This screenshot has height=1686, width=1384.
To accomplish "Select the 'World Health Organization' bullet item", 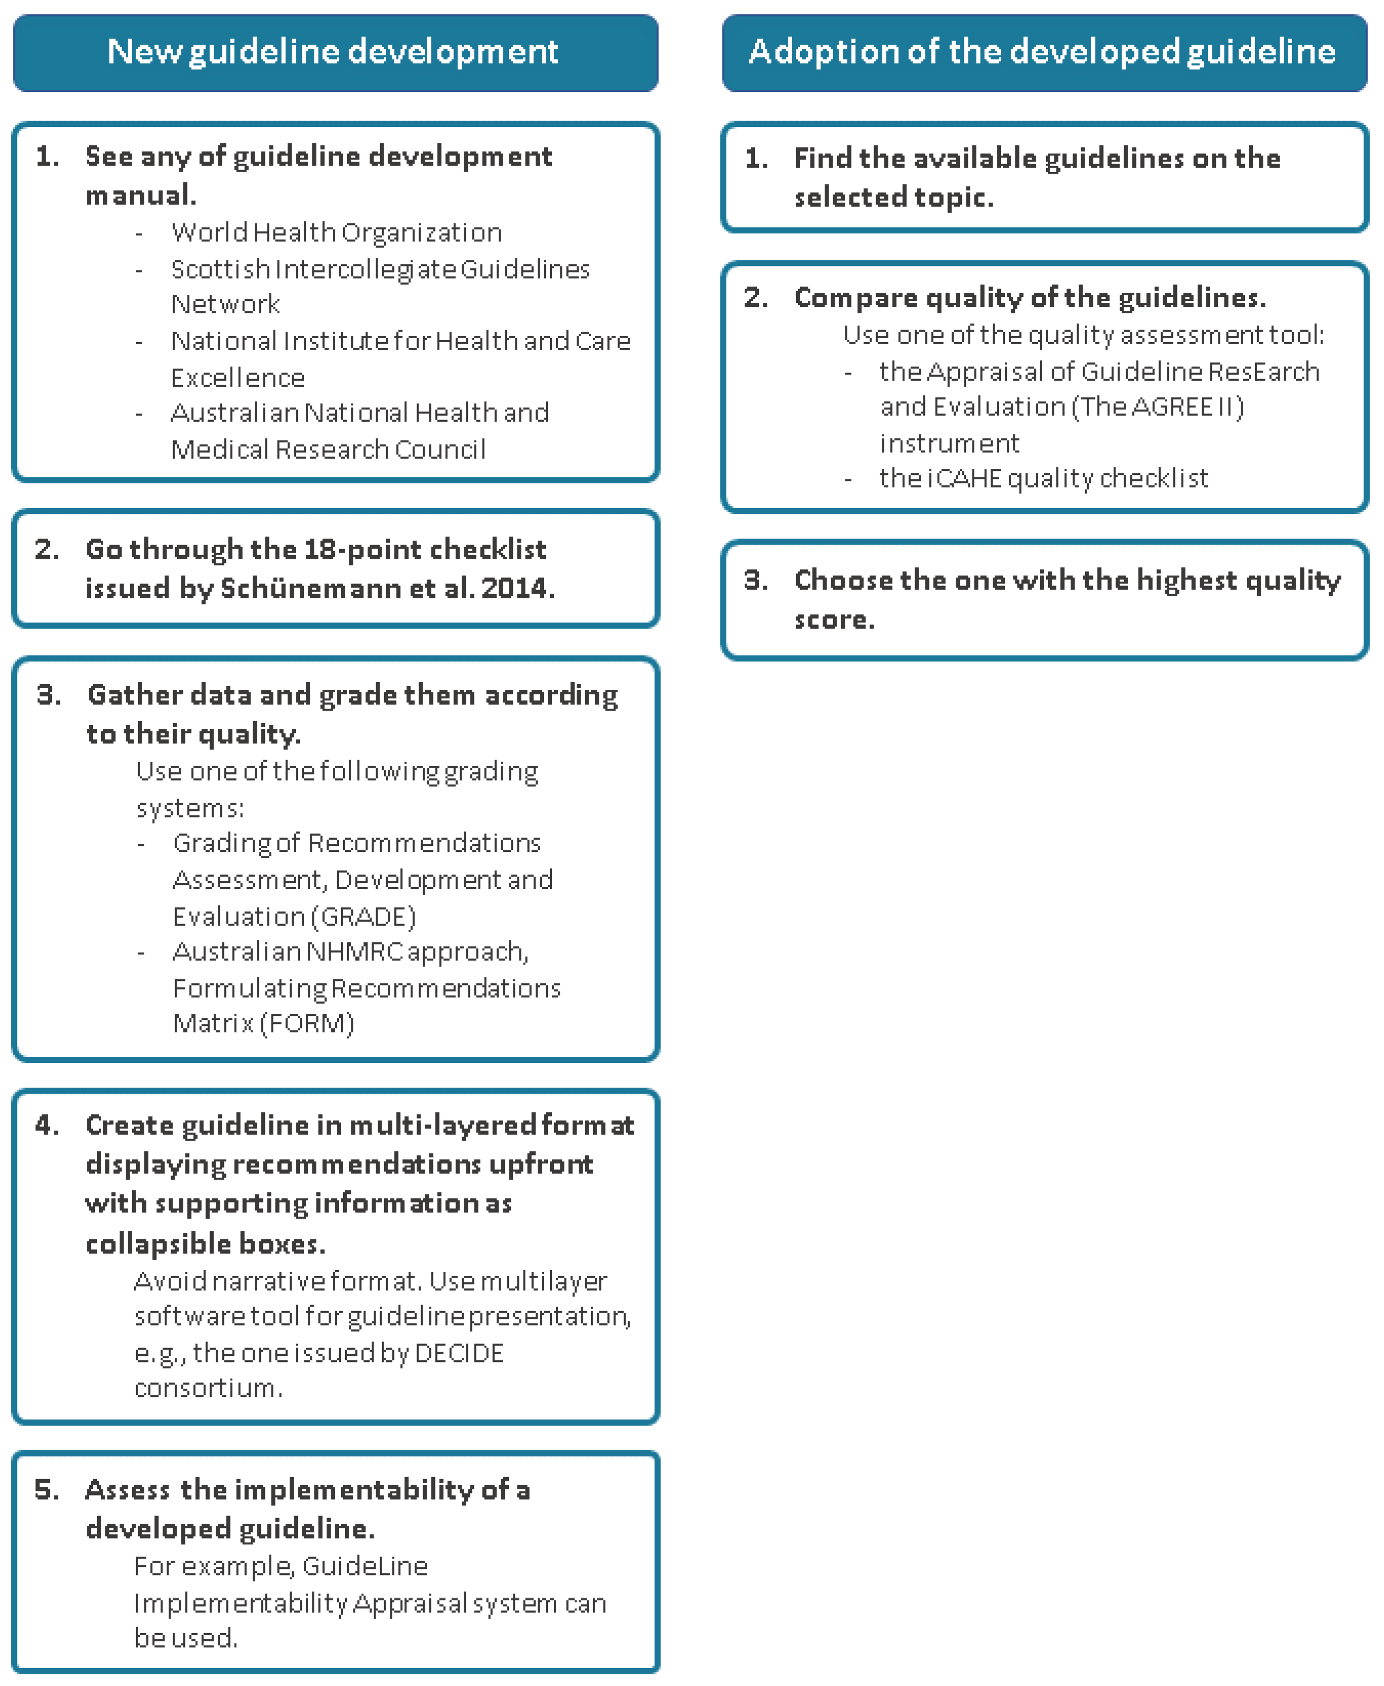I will point(336,233).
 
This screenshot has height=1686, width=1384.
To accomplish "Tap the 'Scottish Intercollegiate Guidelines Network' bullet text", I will point(381,270).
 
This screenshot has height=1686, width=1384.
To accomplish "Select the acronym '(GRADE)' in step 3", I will point(364,917).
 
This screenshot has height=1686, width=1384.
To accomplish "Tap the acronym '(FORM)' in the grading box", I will point(307,1023).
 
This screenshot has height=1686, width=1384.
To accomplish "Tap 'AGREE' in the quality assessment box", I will point(1172,407).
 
